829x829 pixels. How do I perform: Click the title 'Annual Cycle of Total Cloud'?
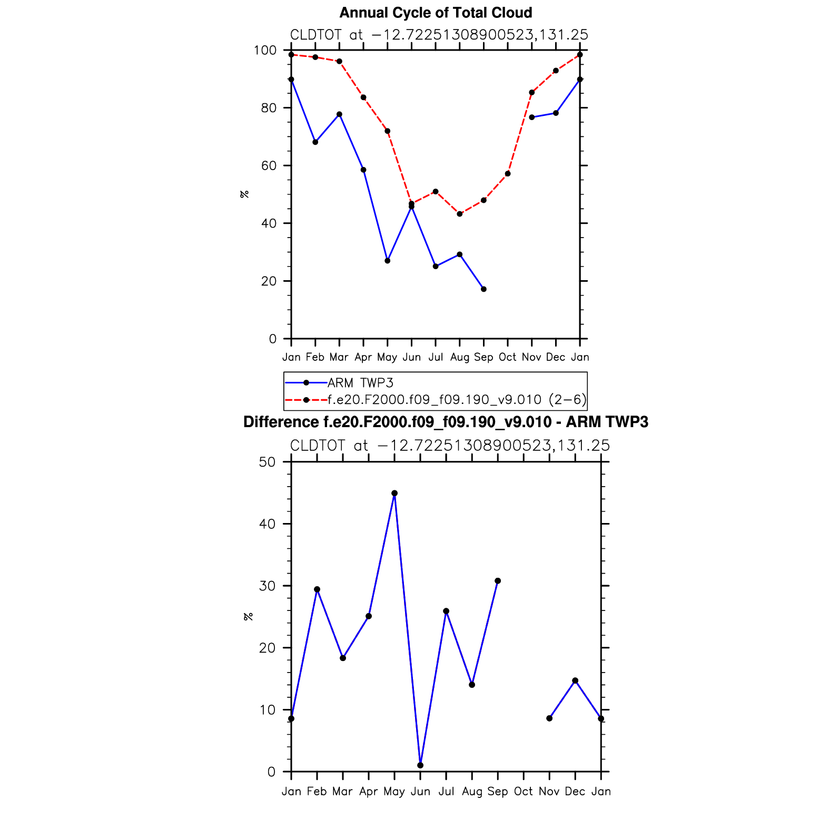click(436, 13)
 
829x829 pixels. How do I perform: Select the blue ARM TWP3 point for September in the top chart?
click(483, 289)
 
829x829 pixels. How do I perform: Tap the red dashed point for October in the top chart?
click(508, 174)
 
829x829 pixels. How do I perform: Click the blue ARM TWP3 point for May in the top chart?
click(388, 261)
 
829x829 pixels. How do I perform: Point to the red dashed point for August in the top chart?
click(460, 214)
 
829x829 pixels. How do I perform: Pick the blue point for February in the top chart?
click(315, 142)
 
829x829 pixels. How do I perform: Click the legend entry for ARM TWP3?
click(360, 383)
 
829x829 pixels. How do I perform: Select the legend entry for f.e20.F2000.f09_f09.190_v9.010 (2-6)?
click(457, 400)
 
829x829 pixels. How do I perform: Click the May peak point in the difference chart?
click(394, 494)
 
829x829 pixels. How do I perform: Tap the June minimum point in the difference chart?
click(420, 765)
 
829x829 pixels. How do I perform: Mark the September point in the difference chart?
click(498, 581)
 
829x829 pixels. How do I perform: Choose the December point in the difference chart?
click(575, 680)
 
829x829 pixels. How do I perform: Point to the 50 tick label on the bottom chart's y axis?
click(268, 462)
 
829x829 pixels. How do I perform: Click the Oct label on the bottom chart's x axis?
click(524, 792)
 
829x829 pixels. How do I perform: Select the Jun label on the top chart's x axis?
click(411, 358)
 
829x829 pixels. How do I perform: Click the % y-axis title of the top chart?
click(244, 194)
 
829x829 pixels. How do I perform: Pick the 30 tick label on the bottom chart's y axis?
click(268, 586)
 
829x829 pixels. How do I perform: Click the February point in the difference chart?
click(317, 589)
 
